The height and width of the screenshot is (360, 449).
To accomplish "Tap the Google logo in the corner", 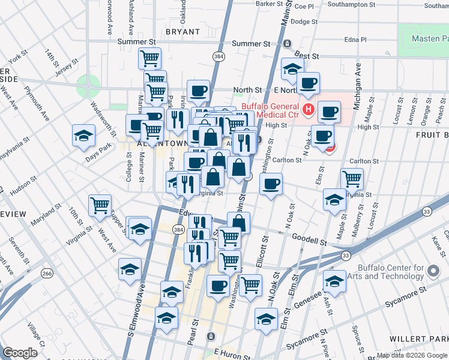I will click(x=20, y=353).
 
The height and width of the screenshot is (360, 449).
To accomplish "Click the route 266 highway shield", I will click(x=47, y=273).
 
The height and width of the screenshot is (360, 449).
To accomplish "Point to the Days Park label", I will click(x=98, y=148).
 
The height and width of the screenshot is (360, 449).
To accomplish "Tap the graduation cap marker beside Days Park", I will click(x=83, y=136).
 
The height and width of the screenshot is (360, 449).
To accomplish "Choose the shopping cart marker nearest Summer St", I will click(x=149, y=58).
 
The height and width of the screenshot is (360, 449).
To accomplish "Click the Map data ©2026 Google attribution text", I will click(x=412, y=355).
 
